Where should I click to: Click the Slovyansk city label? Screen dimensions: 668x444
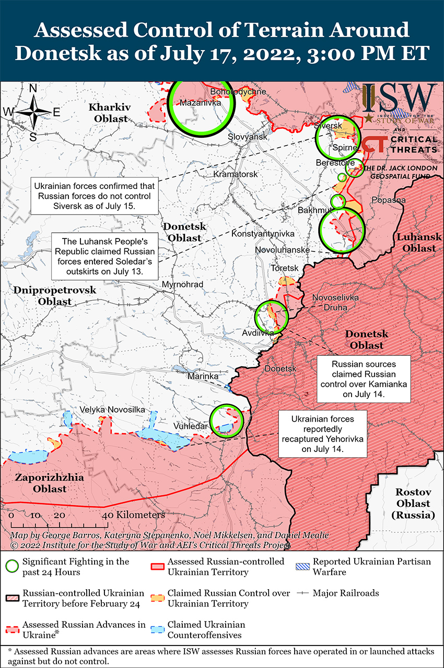tap(247, 137)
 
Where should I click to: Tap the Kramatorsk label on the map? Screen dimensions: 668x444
tap(236, 174)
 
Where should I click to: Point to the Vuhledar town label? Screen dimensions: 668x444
tap(191, 426)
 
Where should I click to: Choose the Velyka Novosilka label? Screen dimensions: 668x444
tap(112, 410)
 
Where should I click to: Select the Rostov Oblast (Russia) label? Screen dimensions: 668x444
tap(413, 504)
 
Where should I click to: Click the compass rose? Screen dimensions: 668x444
tap(33, 112)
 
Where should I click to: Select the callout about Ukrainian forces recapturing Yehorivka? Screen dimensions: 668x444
tap(322, 434)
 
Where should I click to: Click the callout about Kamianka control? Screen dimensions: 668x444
tap(364, 379)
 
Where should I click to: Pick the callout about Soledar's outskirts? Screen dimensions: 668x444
tap(106, 257)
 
